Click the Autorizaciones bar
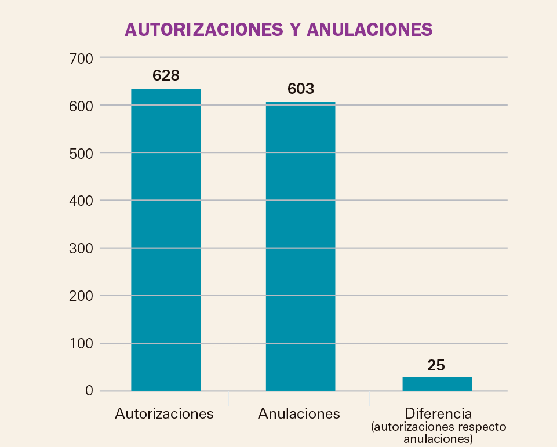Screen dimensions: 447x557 pyautogui.click(x=166, y=239)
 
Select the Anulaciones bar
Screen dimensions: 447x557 pyautogui.click(x=300, y=246)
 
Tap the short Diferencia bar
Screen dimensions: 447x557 pyautogui.click(x=437, y=384)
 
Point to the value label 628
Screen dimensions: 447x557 pyautogui.click(x=166, y=75)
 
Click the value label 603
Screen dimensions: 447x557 pyautogui.click(x=300, y=89)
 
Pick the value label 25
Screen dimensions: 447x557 pyautogui.click(x=436, y=365)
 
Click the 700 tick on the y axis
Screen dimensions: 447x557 pyautogui.click(x=81, y=59)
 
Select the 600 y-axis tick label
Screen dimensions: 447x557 pyautogui.click(x=81, y=106)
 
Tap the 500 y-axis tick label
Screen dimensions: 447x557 pyautogui.click(x=81, y=154)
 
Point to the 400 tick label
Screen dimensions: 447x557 pyautogui.click(x=81, y=201)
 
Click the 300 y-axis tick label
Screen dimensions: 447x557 pyautogui.click(x=81, y=249)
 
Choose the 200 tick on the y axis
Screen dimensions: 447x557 pyautogui.click(x=81, y=296)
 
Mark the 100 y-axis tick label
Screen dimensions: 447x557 pyautogui.click(x=81, y=344)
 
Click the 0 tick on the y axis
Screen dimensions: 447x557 pyautogui.click(x=89, y=391)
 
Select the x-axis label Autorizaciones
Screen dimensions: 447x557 pyautogui.click(x=165, y=414)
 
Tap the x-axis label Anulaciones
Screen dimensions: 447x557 pyautogui.click(x=299, y=414)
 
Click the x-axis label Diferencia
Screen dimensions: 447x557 pyautogui.click(x=439, y=414)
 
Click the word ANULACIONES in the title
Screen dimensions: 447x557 pyautogui.click(x=369, y=30)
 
